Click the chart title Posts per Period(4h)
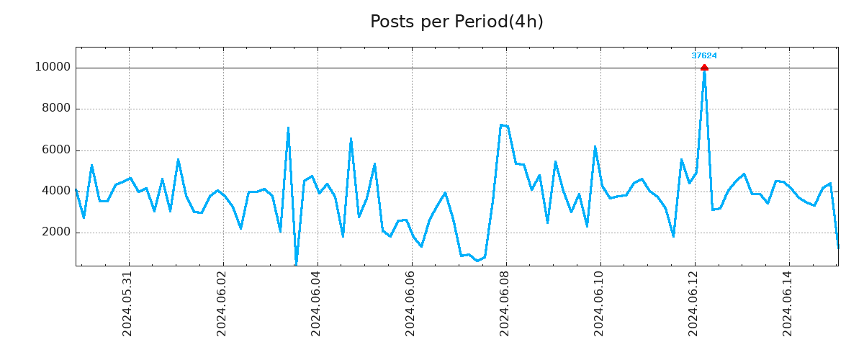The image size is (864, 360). click(456, 22)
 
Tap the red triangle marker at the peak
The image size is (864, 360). click(704, 68)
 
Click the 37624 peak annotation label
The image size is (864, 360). click(704, 55)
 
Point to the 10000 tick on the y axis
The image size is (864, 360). click(53, 68)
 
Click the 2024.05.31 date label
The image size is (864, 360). click(127, 304)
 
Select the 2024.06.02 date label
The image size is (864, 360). click(222, 304)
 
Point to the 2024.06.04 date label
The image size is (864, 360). click(316, 304)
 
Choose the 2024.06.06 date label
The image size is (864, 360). click(410, 304)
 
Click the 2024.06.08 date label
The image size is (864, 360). click(505, 304)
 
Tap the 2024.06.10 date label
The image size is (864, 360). click(599, 304)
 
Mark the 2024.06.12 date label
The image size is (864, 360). click(693, 304)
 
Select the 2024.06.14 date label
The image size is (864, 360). click(788, 304)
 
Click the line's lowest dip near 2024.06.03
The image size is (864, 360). click(296, 264)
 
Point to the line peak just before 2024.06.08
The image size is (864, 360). click(500, 125)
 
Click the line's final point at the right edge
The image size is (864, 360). click(838, 247)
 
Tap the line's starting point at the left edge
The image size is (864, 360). click(76, 190)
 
